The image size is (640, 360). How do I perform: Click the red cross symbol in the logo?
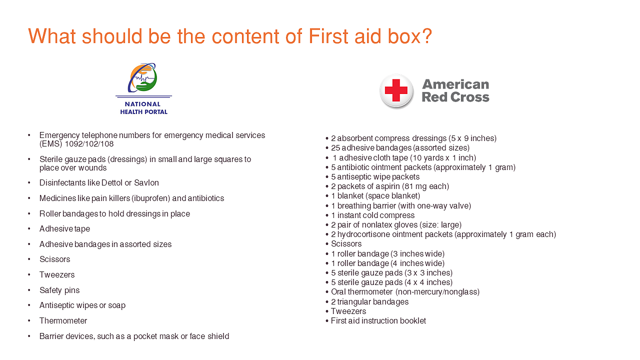396,90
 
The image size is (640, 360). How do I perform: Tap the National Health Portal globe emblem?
143,77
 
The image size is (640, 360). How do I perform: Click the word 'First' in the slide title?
328,36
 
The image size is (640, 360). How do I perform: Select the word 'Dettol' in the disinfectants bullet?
111,182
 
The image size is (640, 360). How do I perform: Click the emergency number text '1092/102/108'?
89,143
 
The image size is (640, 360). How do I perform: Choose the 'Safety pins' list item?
59,290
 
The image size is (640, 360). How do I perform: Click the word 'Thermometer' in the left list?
63,321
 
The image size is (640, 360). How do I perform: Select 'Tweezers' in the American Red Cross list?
348,311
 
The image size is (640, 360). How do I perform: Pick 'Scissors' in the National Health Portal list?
54,259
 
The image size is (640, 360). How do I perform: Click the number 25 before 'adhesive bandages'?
335,147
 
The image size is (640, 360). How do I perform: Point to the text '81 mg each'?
425,186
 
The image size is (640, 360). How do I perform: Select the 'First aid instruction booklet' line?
378,321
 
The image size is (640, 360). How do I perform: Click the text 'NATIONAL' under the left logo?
142,104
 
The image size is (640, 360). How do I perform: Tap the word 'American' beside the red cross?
455,84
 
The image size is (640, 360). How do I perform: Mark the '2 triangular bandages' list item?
369,301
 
